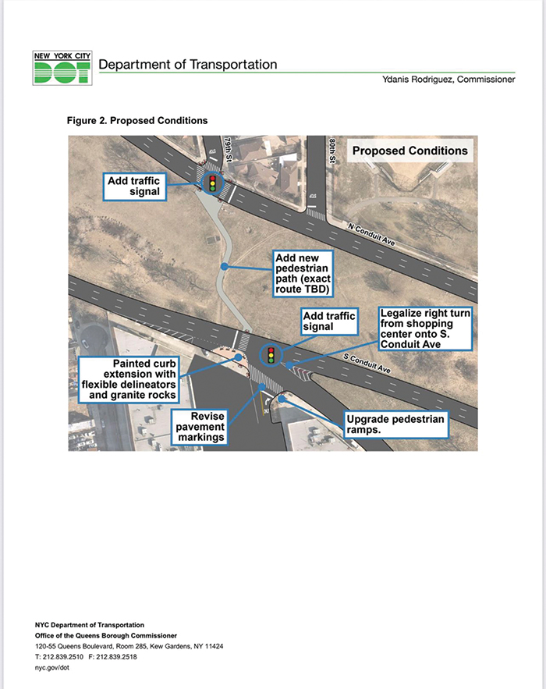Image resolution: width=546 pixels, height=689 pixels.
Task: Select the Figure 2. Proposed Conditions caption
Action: tap(137, 121)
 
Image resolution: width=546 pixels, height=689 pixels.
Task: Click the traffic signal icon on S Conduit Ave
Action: tap(271, 355)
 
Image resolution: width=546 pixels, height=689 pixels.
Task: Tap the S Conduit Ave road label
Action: tap(367, 363)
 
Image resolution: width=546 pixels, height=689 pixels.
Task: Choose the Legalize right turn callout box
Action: tap(424, 329)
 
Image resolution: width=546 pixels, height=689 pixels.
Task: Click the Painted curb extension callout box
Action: tap(129, 378)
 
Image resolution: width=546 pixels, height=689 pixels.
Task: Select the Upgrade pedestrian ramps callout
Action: tap(395, 424)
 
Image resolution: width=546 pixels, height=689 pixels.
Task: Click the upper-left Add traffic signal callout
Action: tap(134, 186)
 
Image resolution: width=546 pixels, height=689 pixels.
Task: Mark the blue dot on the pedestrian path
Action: tap(224, 267)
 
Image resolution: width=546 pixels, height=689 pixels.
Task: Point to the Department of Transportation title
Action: tap(187, 65)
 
